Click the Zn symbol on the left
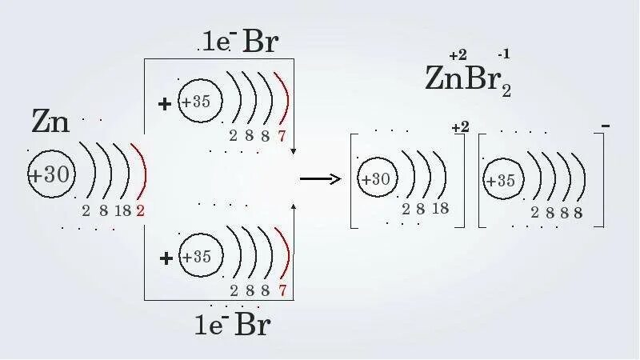(51, 122)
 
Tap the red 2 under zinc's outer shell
(140, 211)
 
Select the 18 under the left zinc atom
(122, 211)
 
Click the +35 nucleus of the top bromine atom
(196, 102)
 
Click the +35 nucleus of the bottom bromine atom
(196, 258)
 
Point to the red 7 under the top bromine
(282, 136)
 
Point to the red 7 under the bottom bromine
(282, 290)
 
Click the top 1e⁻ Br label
(238, 42)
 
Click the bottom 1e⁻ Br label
(232, 325)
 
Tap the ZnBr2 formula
(467, 78)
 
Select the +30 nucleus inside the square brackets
(376, 181)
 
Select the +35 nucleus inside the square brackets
(502, 181)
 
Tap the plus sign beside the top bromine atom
(166, 103)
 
